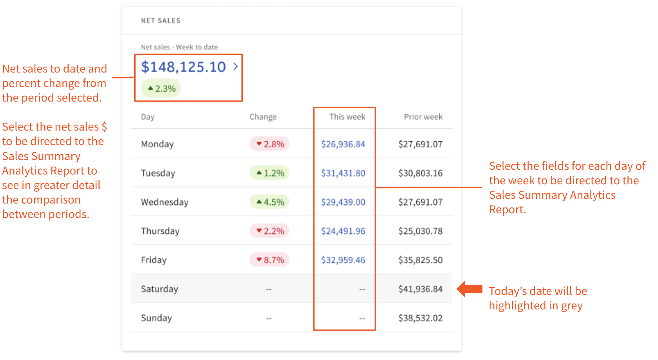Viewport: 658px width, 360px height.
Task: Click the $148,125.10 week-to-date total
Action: (x=183, y=67)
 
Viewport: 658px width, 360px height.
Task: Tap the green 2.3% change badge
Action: (x=161, y=89)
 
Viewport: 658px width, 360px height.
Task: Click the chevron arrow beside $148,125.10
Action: (x=236, y=67)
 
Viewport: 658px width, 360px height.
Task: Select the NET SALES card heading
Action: (x=160, y=21)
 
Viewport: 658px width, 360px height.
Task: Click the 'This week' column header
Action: (x=347, y=117)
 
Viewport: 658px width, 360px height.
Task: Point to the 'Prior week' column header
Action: (x=423, y=117)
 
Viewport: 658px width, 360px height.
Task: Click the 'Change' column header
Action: (x=263, y=117)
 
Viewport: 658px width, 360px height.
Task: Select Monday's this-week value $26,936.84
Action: (x=343, y=144)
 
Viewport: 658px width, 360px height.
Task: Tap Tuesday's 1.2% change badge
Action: (x=270, y=173)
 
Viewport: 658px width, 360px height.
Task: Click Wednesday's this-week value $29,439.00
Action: (x=343, y=202)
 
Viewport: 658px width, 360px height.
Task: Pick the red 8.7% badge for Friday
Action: (x=270, y=260)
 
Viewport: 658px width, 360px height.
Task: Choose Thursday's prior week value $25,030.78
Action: (x=420, y=231)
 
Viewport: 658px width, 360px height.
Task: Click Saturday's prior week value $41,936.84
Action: (x=420, y=289)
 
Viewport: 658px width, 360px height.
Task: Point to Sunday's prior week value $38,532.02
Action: (x=420, y=318)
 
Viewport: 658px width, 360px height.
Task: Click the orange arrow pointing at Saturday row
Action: (x=470, y=289)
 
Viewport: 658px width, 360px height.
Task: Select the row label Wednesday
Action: (x=164, y=202)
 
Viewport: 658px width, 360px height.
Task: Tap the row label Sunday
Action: (x=156, y=318)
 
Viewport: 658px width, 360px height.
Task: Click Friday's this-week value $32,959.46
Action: (x=343, y=260)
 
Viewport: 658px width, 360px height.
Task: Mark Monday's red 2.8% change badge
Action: (x=270, y=144)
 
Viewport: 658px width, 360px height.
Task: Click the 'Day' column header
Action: (x=147, y=117)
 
